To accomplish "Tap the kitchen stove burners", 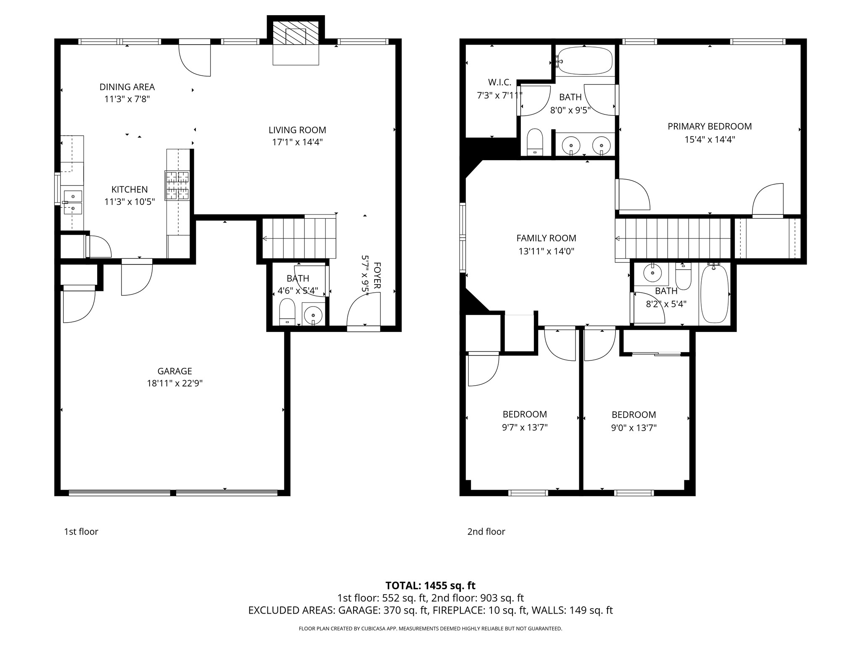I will (177, 185).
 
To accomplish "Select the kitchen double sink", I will (73, 202).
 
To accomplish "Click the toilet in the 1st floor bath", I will (287, 311).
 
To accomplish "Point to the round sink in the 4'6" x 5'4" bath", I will (313, 315).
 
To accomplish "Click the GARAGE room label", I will (174, 371).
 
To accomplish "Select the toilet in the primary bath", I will (535, 142).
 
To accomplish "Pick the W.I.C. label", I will (499, 82).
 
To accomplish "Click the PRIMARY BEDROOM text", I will (709, 126).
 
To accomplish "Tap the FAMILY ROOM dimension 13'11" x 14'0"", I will (546, 252).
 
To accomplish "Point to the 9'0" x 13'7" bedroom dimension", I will (634, 428).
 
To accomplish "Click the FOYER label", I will (377, 275).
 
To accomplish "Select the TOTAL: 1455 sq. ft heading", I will (430, 585).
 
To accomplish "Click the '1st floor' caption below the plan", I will (81, 532).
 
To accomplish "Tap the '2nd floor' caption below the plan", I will (486, 532).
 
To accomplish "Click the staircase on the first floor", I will (299, 238).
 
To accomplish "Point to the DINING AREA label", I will (127, 87).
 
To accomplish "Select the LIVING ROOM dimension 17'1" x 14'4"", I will (297, 142).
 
